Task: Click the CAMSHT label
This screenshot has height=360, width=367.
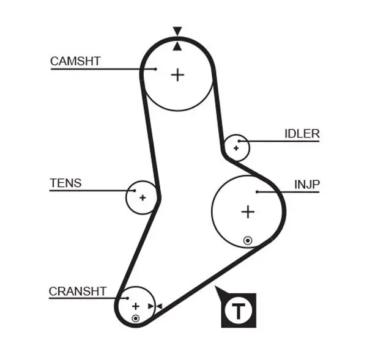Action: [75, 61]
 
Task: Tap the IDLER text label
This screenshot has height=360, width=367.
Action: [302, 134]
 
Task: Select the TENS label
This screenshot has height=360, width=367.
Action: [65, 183]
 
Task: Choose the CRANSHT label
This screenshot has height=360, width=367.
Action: [78, 292]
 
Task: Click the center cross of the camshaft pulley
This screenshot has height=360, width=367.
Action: [177, 75]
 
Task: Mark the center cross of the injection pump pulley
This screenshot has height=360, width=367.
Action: [248, 212]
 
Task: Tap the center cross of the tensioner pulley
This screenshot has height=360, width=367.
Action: [143, 197]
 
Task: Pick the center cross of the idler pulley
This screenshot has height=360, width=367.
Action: [236, 147]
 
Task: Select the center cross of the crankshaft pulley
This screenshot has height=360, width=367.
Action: [136, 306]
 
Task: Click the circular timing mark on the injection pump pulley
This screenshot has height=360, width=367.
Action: [247, 240]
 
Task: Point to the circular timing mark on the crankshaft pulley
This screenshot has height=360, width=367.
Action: [135, 318]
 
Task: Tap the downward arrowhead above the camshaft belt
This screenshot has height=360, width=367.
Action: [177, 31]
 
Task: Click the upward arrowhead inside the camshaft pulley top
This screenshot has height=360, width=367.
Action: [177, 46]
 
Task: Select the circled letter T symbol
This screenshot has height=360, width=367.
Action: [239, 310]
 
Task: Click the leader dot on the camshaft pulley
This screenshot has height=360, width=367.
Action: [156, 69]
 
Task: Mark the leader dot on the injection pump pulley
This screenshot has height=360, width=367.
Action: [258, 192]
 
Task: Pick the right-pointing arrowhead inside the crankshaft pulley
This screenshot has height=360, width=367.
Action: [150, 306]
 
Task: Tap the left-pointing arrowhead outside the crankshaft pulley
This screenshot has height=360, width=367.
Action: [159, 306]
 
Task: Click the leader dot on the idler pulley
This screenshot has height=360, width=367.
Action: [240, 142]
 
